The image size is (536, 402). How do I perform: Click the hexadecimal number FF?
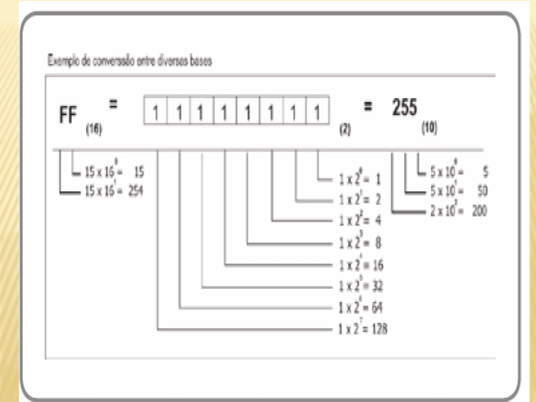coord(68,115)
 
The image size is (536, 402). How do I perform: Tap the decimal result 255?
coord(404,108)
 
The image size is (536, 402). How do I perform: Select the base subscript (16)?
coord(94,129)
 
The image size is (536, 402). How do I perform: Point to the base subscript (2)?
coord(345,129)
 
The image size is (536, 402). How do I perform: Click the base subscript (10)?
coord(429,128)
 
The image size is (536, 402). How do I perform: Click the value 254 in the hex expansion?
coord(136,191)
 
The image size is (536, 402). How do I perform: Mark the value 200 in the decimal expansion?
coord(480,211)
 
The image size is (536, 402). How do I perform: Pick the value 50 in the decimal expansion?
coord(482,191)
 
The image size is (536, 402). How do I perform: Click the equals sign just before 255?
coord(368,107)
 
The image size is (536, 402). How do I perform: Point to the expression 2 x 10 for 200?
coord(444,211)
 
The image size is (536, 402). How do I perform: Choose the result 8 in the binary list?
coord(378,243)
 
